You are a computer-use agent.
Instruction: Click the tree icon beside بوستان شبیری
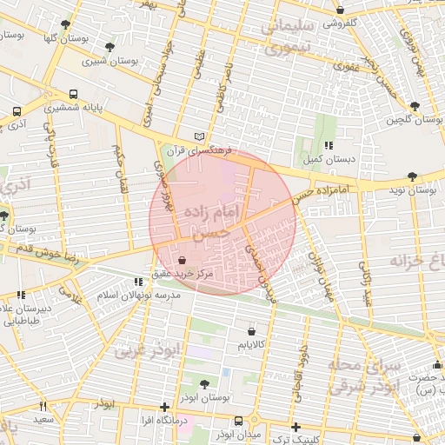[x=109, y=47]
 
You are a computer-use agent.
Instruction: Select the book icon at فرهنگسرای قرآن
[x=201, y=136]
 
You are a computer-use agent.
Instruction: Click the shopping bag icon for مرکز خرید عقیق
[x=181, y=260]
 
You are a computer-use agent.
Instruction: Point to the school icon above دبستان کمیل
[x=328, y=146]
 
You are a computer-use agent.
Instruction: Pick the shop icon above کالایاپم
[x=252, y=331]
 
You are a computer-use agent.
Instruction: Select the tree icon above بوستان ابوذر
[x=204, y=383]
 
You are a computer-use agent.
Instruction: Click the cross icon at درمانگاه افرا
[x=164, y=407]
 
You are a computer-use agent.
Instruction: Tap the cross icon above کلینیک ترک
[x=296, y=427]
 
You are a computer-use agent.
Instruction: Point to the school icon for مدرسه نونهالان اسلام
[x=138, y=282]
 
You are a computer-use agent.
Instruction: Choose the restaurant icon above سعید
[x=42, y=407]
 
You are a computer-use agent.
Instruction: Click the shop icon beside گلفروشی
[x=340, y=10]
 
